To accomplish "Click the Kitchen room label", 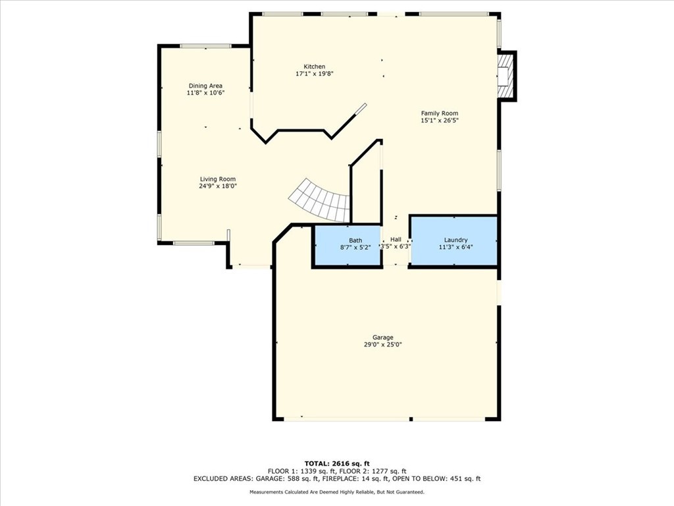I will pos(314,67).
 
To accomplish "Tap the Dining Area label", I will pos(205,86).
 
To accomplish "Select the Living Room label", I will pos(218,179).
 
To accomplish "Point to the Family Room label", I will pos(440,113).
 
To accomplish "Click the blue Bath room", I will pos(347,244).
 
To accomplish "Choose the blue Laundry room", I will pos(454,241).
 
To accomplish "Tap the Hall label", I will pos(396,240).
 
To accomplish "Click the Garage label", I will pos(382,337).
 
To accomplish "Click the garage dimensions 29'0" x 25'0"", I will pos(382,345).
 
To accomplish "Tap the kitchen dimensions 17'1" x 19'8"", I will pos(314,74).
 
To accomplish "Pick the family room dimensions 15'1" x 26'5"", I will pos(440,121).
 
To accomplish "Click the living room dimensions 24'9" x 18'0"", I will pos(218,186).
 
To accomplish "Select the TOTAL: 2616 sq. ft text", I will pos(337,463).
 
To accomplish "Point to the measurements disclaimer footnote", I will pos(337,492).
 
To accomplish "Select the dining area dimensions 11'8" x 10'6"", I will pos(205,93).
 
